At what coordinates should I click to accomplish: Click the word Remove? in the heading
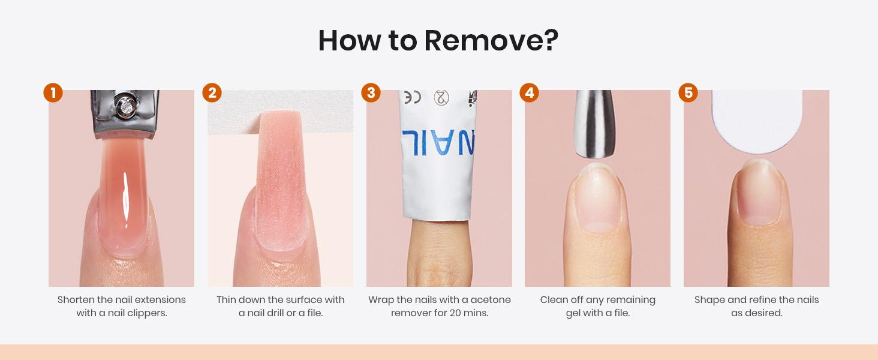pyautogui.click(x=491, y=40)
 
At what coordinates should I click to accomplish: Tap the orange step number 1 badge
pyautogui.click(x=53, y=93)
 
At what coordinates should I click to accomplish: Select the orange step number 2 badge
pyautogui.click(x=212, y=93)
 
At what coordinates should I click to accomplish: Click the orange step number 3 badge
pyautogui.click(x=371, y=93)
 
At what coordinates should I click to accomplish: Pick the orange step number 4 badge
pyautogui.click(x=529, y=93)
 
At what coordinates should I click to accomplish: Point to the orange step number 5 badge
pyautogui.click(x=688, y=93)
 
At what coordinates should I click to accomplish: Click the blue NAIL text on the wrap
pyautogui.click(x=438, y=142)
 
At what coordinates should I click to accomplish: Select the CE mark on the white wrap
pyautogui.click(x=413, y=97)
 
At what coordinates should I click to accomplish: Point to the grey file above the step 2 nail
pyautogui.click(x=280, y=112)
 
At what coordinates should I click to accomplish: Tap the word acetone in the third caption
pyautogui.click(x=491, y=300)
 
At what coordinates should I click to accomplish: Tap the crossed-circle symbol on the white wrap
pyautogui.click(x=441, y=97)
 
